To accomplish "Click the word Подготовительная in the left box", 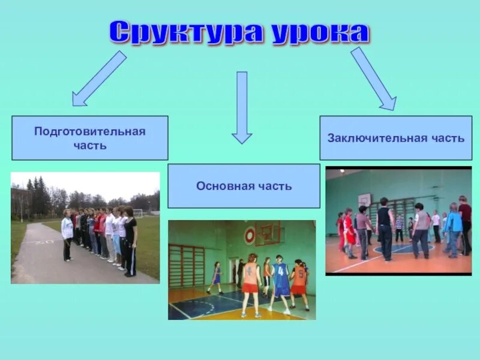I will [x=90, y=131].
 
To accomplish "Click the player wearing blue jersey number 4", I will [x=280, y=282].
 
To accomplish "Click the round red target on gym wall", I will [x=250, y=236].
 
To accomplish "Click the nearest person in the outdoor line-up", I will [x=130, y=240].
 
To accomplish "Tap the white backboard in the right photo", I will [x=364, y=200].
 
